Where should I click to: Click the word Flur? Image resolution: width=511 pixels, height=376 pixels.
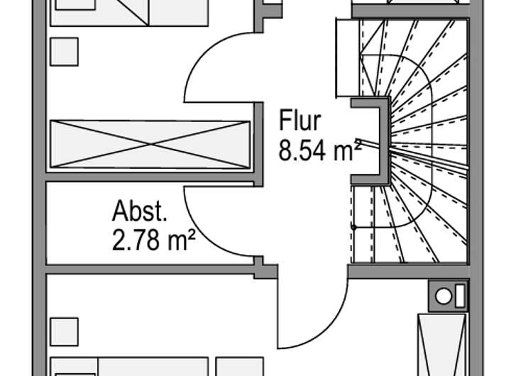[300, 120]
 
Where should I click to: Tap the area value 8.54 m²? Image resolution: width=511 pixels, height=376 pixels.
[320, 150]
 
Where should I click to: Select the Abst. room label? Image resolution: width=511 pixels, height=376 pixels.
[140, 211]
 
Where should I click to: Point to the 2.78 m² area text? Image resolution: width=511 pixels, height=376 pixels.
[153, 240]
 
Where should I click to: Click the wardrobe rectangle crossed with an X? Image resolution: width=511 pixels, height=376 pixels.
[150, 144]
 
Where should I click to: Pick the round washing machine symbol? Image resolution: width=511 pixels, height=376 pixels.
[444, 297]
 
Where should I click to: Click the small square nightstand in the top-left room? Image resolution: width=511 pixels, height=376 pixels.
[64, 52]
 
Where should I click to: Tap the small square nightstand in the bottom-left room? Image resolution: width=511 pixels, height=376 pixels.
[64, 332]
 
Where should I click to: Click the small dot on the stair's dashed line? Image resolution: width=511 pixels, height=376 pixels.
[354, 228]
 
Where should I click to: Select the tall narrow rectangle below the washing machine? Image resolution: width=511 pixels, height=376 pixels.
[442, 345]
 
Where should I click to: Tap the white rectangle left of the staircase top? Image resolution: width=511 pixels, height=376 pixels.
[347, 58]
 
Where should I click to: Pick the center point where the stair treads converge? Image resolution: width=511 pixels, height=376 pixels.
[391, 150]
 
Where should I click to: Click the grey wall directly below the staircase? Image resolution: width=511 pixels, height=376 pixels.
[409, 271]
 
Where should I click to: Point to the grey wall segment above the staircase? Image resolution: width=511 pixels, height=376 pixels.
[411, 11]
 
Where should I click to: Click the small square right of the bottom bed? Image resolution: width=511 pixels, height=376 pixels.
[240, 367]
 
